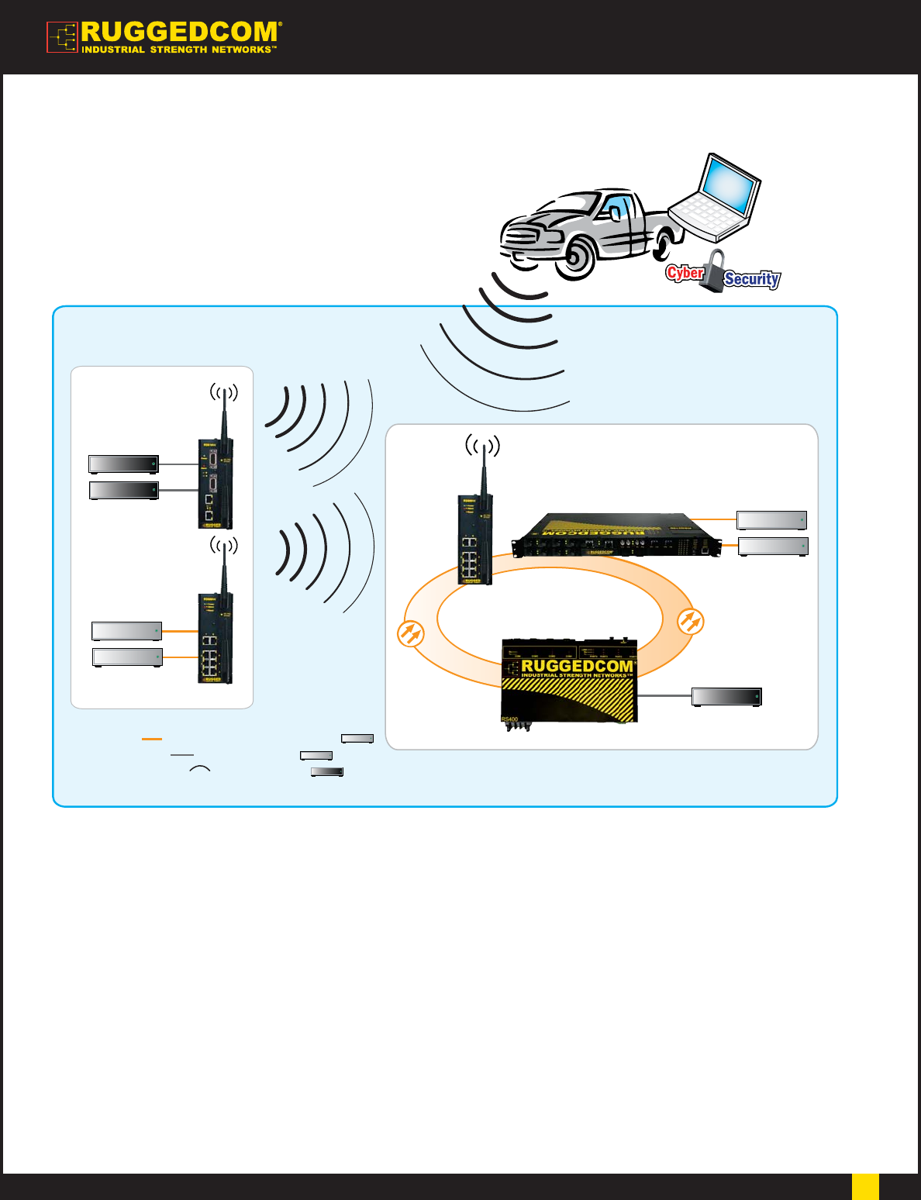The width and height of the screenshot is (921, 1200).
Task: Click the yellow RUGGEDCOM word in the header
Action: click(x=179, y=33)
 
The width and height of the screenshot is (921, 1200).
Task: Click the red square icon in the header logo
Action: click(x=62, y=37)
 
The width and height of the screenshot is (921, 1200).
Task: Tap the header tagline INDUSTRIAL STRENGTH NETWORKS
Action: click(x=178, y=50)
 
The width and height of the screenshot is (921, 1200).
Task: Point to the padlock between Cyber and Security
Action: click(x=712, y=272)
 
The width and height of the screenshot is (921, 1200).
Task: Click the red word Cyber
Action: click(x=685, y=273)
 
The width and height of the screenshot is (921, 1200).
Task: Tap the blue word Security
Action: click(x=751, y=279)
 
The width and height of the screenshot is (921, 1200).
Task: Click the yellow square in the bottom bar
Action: click(x=865, y=1186)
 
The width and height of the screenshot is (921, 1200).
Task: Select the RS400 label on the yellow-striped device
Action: click(x=510, y=719)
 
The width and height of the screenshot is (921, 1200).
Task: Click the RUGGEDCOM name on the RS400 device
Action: click(x=578, y=666)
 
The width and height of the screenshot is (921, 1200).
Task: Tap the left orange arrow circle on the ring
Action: click(x=411, y=633)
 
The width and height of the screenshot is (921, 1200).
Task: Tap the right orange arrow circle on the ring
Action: click(x=690, y=622)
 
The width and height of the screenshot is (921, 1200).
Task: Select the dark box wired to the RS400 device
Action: click(x=726, y=697)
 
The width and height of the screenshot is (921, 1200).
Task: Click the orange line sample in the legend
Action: click(x=152, y=740)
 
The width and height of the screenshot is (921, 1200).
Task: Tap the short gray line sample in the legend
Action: click(x=182, y=754)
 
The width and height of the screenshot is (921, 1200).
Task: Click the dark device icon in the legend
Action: click(x=326, y=771)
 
